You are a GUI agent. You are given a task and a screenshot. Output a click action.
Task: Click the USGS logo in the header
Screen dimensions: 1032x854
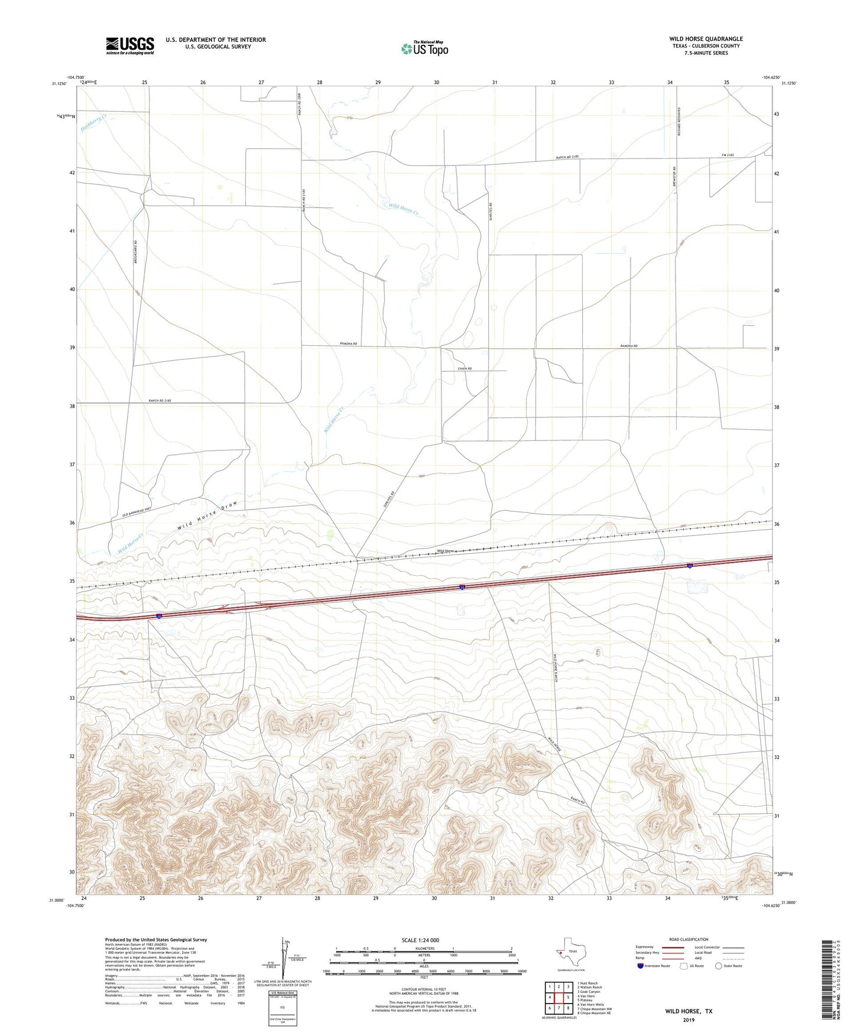(x=130, y=46)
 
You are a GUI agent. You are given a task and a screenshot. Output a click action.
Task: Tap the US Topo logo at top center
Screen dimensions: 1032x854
(x=424, y=48)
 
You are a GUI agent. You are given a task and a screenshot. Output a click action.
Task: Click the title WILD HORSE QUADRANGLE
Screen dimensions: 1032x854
(x=706, y=39)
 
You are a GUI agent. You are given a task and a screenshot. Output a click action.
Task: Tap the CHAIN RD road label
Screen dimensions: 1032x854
(x=465, y=369)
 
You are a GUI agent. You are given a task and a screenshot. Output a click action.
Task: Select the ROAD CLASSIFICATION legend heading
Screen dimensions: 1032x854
(x=689, y=939)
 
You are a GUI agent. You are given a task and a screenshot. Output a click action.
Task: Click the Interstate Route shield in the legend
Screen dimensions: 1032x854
(x=641, y=966)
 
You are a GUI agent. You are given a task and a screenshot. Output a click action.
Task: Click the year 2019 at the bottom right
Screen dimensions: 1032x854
(x=689, y=1020)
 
